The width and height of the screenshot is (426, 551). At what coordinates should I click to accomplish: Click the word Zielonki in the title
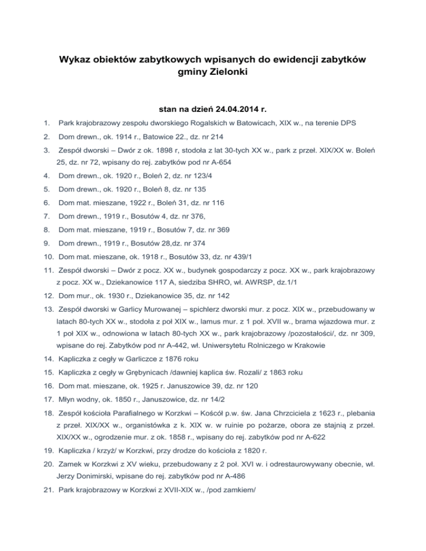point(234,71)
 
